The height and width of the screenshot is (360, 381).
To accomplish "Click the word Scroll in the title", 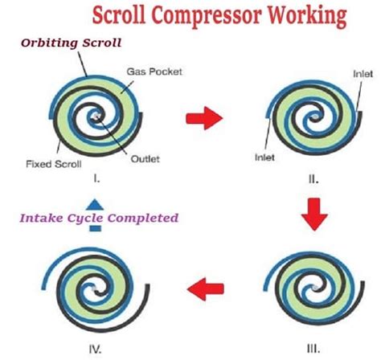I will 118,15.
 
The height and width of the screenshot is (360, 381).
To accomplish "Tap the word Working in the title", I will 309,15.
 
